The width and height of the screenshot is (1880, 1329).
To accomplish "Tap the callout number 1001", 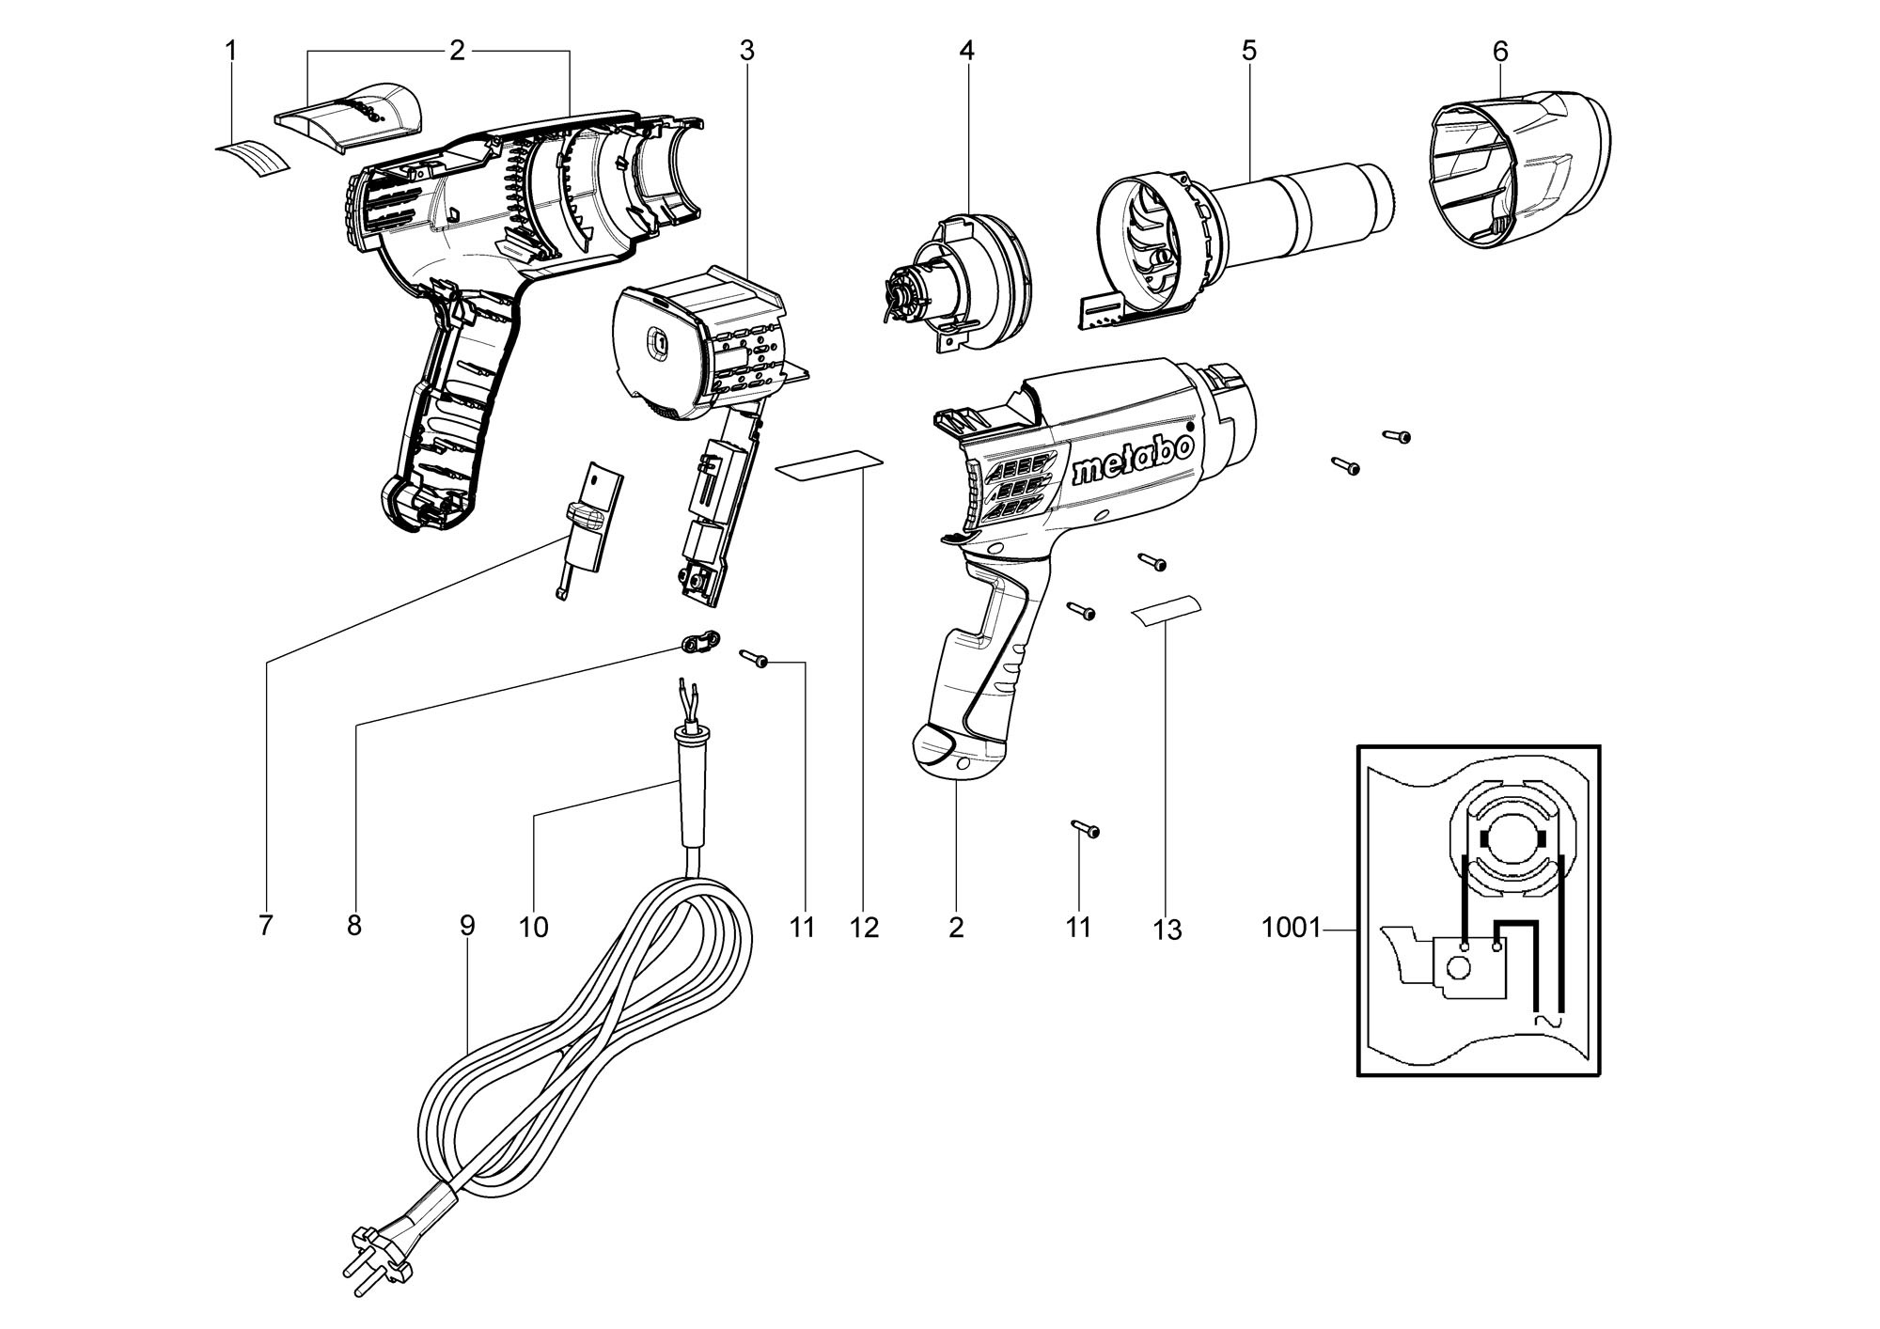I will [x=1291, y=929].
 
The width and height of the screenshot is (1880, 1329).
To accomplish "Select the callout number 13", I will [x=1167, y=930].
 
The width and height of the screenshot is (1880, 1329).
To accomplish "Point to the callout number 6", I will [x=1499, y=52].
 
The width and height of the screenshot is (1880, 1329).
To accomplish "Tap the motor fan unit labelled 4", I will [x=959, y=283].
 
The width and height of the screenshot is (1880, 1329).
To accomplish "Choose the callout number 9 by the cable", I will [x=467, y=926].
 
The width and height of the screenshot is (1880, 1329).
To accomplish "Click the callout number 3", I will [x=746, y=51].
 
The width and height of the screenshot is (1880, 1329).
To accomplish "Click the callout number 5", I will [x=1248, y=51].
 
